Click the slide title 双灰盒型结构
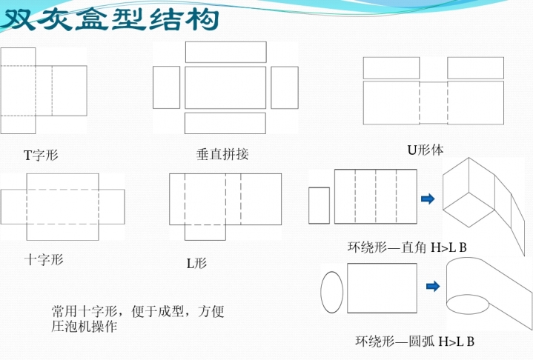point(111,20)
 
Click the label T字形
point(40,156)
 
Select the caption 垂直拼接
point(222,155)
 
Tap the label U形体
point(426,150)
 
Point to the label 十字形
point(44,259)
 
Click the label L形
point(196,263)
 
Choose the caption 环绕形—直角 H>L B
point(407,247)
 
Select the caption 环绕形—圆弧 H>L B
point(414,341)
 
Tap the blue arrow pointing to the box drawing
point(427,198)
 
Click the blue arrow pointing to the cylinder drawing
point(433,285)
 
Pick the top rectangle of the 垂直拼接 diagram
point(225,52)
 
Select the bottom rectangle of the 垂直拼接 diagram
point(225,123)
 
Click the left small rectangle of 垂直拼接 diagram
point(166,87)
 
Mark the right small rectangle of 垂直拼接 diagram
point(284,87)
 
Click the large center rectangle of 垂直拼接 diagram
point(225,87)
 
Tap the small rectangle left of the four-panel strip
point(319,205)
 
